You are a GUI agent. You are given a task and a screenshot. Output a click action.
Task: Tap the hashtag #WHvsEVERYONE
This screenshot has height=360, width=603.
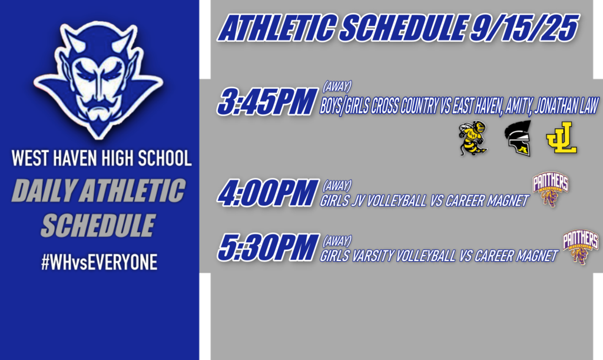tap(99, 263)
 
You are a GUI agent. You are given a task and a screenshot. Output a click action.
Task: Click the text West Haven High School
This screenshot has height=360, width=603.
tap(101, 159)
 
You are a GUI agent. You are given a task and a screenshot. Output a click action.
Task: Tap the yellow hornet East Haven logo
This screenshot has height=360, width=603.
tap(473, 138)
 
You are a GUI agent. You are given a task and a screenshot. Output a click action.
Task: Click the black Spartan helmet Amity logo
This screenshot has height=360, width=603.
tap(518, 138)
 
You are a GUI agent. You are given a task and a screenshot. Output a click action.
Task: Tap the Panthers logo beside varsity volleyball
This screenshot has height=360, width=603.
tap(581, 247)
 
